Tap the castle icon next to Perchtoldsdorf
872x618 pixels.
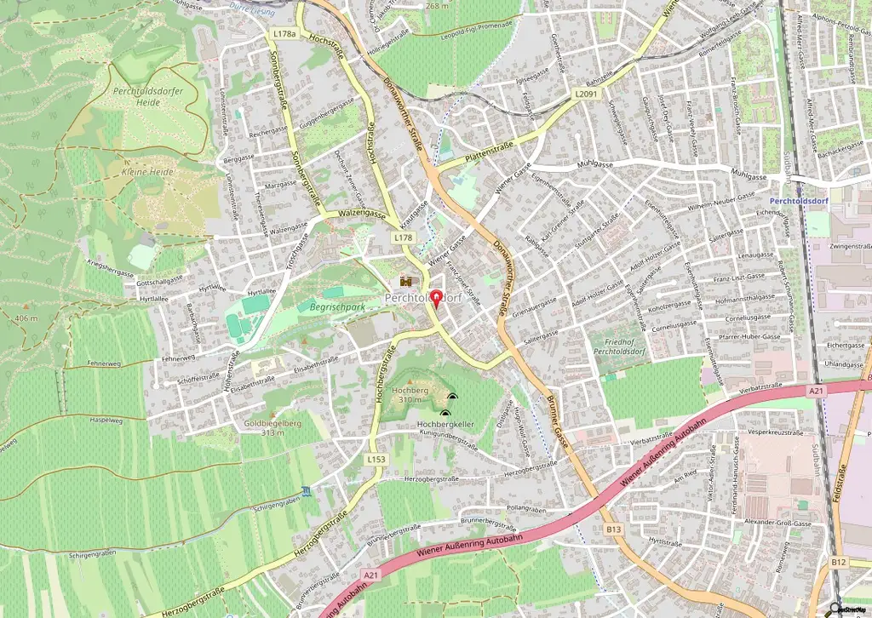point(406,281)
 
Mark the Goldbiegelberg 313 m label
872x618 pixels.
point(274,426)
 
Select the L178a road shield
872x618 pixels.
point(285,34)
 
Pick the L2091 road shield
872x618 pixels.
point(586,94)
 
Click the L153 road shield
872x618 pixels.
point(376,459)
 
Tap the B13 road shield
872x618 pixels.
point(614,529)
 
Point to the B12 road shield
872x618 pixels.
point(839,562)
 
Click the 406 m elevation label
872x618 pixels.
point(26,318)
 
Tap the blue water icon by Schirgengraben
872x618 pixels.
point(306,492)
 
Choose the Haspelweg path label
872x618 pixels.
point(107,421)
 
